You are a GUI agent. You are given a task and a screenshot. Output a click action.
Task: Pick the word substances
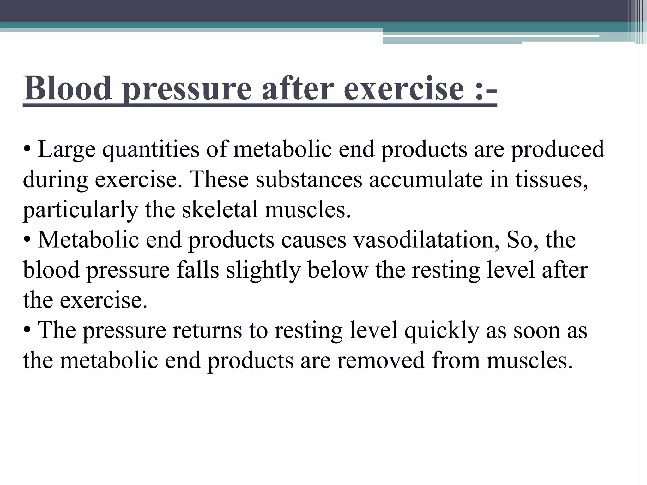tap(309, 179)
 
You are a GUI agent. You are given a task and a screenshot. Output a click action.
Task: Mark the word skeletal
tap(220, 210)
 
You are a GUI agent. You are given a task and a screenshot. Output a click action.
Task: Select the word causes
tap(314, 240)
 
